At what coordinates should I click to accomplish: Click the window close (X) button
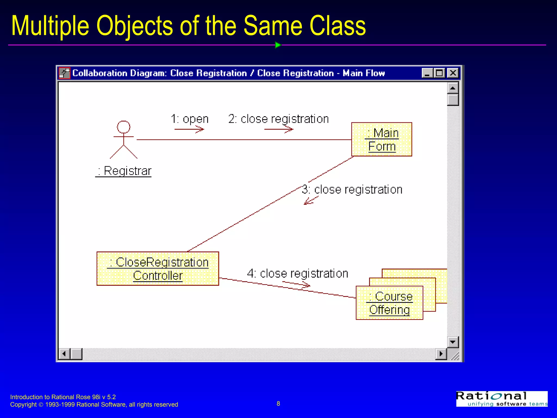[453, 73]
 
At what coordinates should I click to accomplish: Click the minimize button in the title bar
[427, 73]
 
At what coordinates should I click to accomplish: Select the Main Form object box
[382, 139]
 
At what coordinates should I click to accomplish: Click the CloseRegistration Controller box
[158, 269]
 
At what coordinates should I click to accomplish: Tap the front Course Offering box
[389, 303]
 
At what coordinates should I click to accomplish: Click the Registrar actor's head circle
[123, 127]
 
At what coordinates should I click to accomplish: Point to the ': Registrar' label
[123, 171]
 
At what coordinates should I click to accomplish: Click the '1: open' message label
[190, 119]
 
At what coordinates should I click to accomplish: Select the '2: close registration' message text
[278, 119]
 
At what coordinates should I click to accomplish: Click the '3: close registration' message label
[352, 189]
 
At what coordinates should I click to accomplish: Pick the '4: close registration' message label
[298, 273]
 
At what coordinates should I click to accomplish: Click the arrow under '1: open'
[189, 129]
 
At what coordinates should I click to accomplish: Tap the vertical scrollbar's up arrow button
[453, 88]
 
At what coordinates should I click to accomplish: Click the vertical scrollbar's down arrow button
[453, 342]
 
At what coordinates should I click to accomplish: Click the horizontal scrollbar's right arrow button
[441, 354]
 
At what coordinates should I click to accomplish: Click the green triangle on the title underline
[278, 45]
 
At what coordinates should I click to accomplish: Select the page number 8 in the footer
[278, 404]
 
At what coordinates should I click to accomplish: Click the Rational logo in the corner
[502, 399]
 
